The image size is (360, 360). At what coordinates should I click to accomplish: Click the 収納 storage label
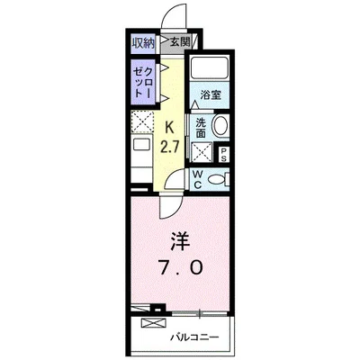[x=142, y=43]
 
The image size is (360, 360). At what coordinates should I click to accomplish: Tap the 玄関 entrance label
[x=179, y=43]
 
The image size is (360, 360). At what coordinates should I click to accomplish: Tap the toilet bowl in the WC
[x=217, y=179]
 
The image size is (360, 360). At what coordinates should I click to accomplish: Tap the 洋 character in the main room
[x=180, y=242]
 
